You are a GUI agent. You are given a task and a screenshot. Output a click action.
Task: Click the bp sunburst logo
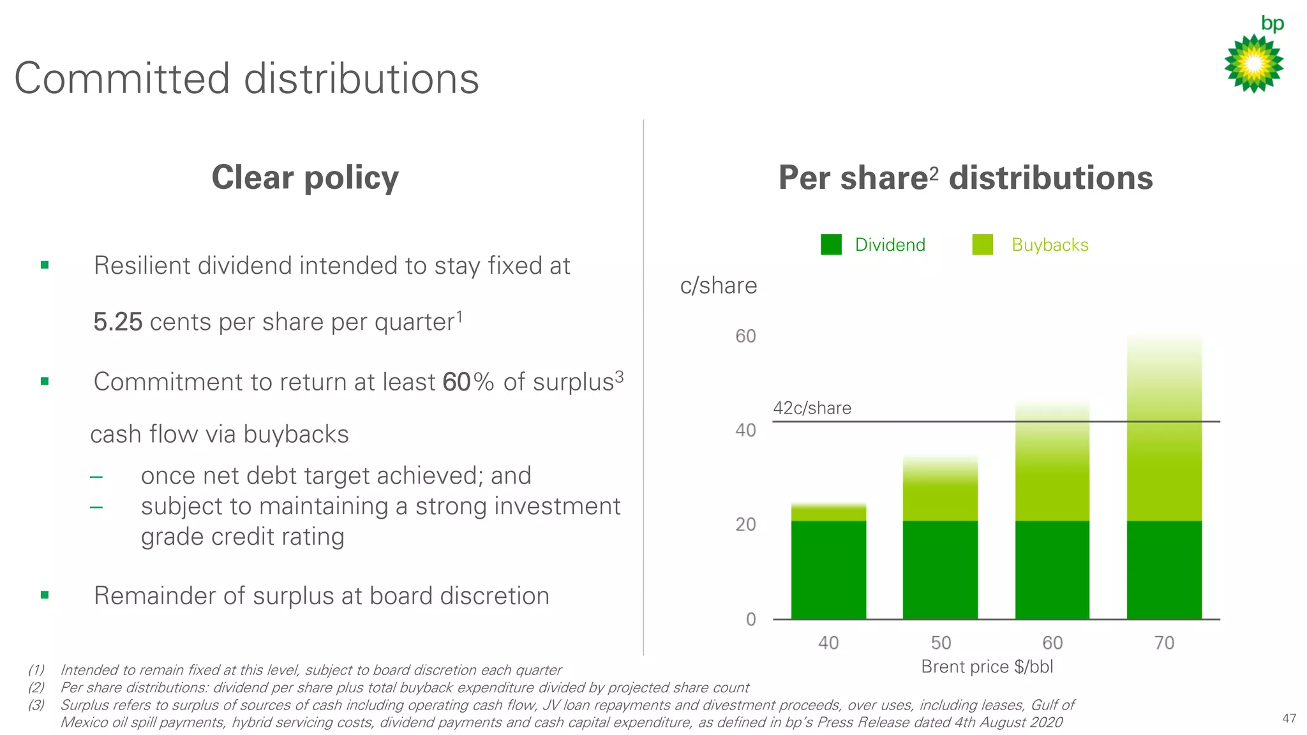pos(1253,63)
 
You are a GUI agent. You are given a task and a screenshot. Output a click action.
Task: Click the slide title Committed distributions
pos(246,79)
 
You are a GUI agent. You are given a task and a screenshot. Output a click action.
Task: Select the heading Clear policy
pos(305,177)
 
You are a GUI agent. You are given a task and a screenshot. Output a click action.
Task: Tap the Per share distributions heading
pos(965,178)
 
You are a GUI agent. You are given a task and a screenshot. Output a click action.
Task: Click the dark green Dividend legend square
pos(831,244)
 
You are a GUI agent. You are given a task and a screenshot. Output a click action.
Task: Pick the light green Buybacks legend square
pos(982,244)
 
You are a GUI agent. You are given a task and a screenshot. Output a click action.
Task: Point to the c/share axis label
pos(718,285)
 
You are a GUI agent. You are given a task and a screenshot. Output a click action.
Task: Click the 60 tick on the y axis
pos(745,336)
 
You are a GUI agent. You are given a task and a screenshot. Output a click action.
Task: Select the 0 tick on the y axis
pos(751,619)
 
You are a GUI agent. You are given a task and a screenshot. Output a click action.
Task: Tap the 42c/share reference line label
pos(812,408)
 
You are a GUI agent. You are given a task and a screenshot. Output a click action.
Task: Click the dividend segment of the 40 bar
pos(828,570)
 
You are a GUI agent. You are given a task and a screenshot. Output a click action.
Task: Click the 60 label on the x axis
pos(1052,642)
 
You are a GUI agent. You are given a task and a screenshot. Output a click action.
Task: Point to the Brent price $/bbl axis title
pos(987,667)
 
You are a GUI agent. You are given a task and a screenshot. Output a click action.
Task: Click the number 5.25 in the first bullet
pos(118,322)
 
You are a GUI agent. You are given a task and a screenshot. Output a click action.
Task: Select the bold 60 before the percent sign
pos(456,382)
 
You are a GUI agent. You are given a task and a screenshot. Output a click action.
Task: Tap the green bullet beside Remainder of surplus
pos(45,595)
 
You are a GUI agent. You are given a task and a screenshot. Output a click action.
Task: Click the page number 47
pos(1288,718)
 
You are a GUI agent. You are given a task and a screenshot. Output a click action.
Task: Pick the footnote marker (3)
pos(36,705)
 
